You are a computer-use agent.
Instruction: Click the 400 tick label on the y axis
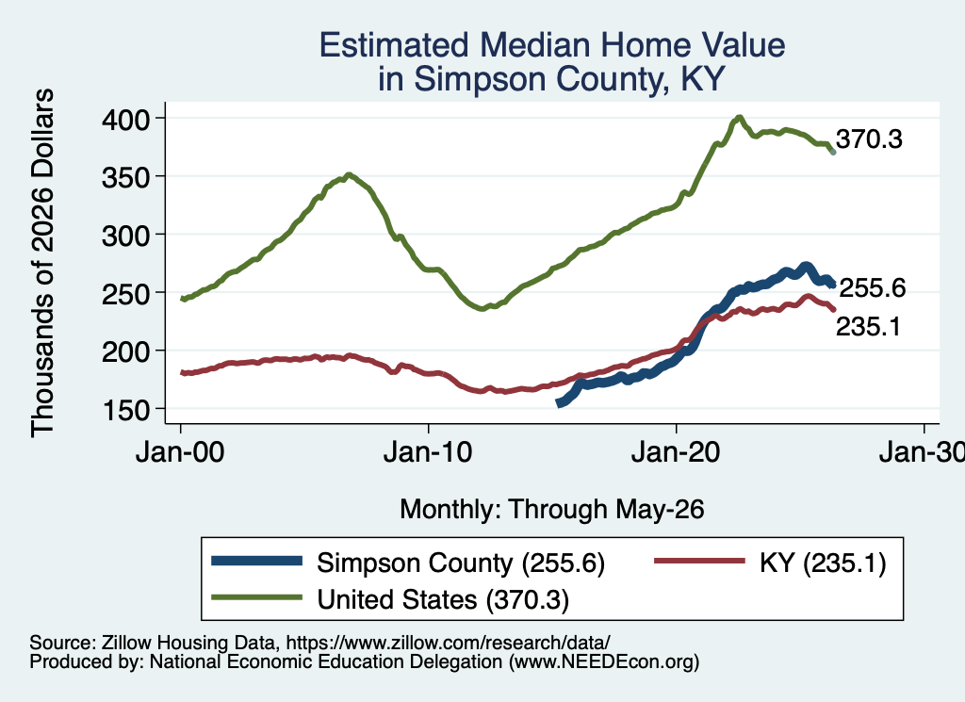coord(125,119)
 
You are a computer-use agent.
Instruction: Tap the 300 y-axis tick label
coord(125,235)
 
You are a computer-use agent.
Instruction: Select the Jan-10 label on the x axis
coord(428,453)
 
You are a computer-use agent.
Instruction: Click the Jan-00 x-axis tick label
coord(180,453)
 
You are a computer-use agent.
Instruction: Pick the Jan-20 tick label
coord(676,453)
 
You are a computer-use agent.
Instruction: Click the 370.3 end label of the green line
coord(869,139)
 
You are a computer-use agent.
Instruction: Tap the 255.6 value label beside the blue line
coord(873,288)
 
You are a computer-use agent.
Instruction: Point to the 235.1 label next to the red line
coord(868,327)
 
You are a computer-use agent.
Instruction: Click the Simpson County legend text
coord(461,563)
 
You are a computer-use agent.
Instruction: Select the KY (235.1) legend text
coord(823,563)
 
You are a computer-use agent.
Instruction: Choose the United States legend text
coord(443,599)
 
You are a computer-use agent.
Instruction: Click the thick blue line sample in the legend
coord(256,561)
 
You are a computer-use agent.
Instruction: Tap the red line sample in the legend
coord(699,561)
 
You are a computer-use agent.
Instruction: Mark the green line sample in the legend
coord(256,596)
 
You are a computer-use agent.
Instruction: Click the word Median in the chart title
coord(535,45)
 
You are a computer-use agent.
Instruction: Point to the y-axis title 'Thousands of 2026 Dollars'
coord(42,263)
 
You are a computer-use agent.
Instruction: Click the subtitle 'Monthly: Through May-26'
coord(552,510)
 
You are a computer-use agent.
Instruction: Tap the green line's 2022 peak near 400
coord(740,117)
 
